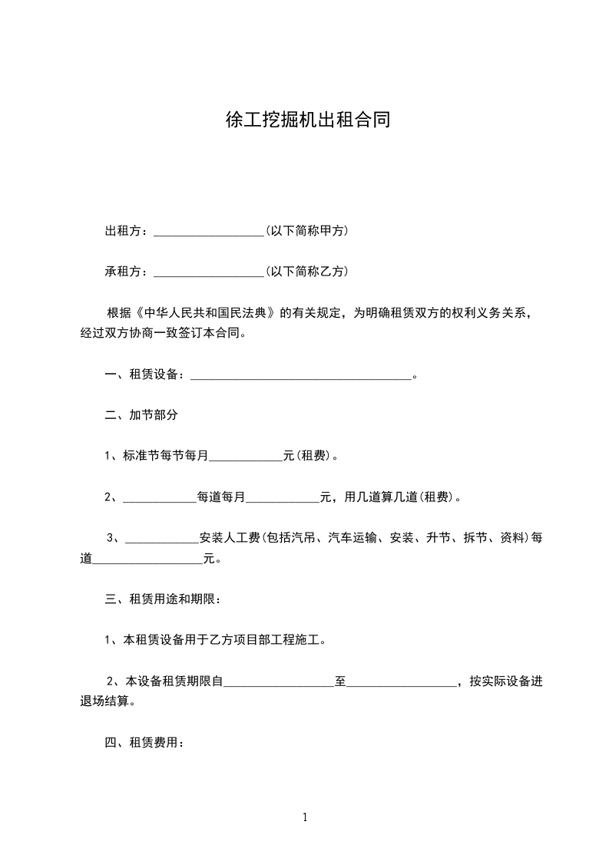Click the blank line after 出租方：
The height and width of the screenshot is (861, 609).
pos(209,231)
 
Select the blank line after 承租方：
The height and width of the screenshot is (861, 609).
pos(209,272)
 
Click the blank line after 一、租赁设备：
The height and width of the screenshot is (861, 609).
pos(300,374)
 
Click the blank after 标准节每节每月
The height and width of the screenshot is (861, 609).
pos(246,456)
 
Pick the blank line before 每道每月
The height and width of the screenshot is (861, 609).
pos(160,497)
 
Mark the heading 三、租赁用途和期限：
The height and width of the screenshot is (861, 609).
pos(163,599)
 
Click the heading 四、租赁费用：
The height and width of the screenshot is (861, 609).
pos(144,742)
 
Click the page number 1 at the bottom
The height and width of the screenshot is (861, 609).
pos(305,817)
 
